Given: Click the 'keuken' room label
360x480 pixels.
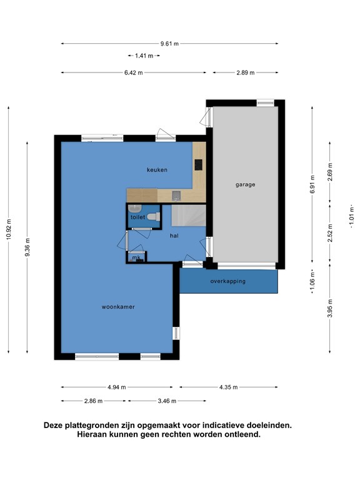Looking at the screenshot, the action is click(157, 169).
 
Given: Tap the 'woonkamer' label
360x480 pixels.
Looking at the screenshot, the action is click(118, 307).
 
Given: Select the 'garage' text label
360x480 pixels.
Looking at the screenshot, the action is click(245, 184).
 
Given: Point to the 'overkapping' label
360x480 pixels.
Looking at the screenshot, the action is click(227, 281).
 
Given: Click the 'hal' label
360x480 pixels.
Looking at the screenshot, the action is click(174, 236).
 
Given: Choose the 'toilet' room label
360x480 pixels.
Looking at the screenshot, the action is click(137, 217).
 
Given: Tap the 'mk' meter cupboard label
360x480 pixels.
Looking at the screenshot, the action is click(136, 257).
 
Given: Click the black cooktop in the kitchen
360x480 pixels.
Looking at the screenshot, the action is click(198, 165).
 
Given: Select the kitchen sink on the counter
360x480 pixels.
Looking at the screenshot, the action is click(176, 196).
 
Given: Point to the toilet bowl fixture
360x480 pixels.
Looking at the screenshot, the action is click(154, 217).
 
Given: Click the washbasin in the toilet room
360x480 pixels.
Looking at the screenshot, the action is click(135, 209).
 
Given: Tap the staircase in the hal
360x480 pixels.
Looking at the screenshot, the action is click(189, 216).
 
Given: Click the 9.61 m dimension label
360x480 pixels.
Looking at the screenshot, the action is click(169, 44).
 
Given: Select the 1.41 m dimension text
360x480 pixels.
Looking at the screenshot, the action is click(144, 56).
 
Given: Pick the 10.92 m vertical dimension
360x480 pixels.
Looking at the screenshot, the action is click(9, 229).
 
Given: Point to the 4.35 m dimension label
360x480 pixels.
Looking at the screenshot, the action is click(228, 387).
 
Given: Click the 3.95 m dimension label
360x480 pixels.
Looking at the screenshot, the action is click(330, 308).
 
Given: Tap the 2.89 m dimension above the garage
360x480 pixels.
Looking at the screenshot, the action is click(246, 72).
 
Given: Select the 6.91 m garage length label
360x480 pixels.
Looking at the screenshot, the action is click(312, 184).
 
